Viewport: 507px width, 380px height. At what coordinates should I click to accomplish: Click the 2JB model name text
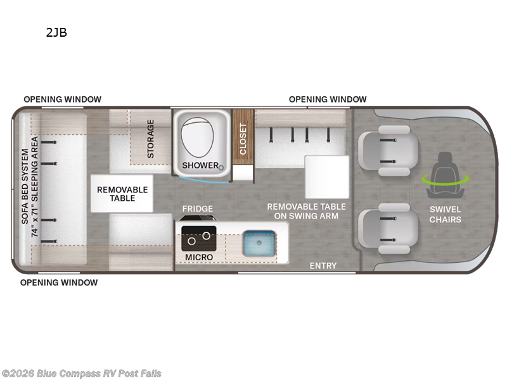(x=56, y=34)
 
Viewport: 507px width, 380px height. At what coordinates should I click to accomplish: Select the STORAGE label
(x=150, y=138)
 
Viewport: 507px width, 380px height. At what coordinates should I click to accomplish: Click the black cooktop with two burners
(x=199, y=237)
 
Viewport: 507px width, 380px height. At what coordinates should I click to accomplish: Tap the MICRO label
(x=199, y=256)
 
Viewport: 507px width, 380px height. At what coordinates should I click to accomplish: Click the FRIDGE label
(x=198, y=208)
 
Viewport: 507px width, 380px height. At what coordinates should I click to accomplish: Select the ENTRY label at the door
(x=323, y=265)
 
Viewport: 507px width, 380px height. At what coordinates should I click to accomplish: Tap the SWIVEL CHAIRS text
(x=445, y=214)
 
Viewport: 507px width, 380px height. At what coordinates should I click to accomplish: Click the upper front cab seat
(x=388, y=150)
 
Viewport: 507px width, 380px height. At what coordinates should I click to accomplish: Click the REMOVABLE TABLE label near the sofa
(x=122, y=194)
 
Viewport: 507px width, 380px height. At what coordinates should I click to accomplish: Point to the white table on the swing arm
(x=327, y=177)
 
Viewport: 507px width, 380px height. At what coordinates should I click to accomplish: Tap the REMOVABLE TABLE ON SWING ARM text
(x=307, y=211)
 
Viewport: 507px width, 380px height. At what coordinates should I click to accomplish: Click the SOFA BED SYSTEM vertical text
(x=30, y=192)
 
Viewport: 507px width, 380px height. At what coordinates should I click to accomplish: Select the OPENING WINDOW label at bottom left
(x=59, y=282)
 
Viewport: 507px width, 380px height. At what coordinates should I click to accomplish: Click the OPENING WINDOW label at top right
(x=328, y=99)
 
